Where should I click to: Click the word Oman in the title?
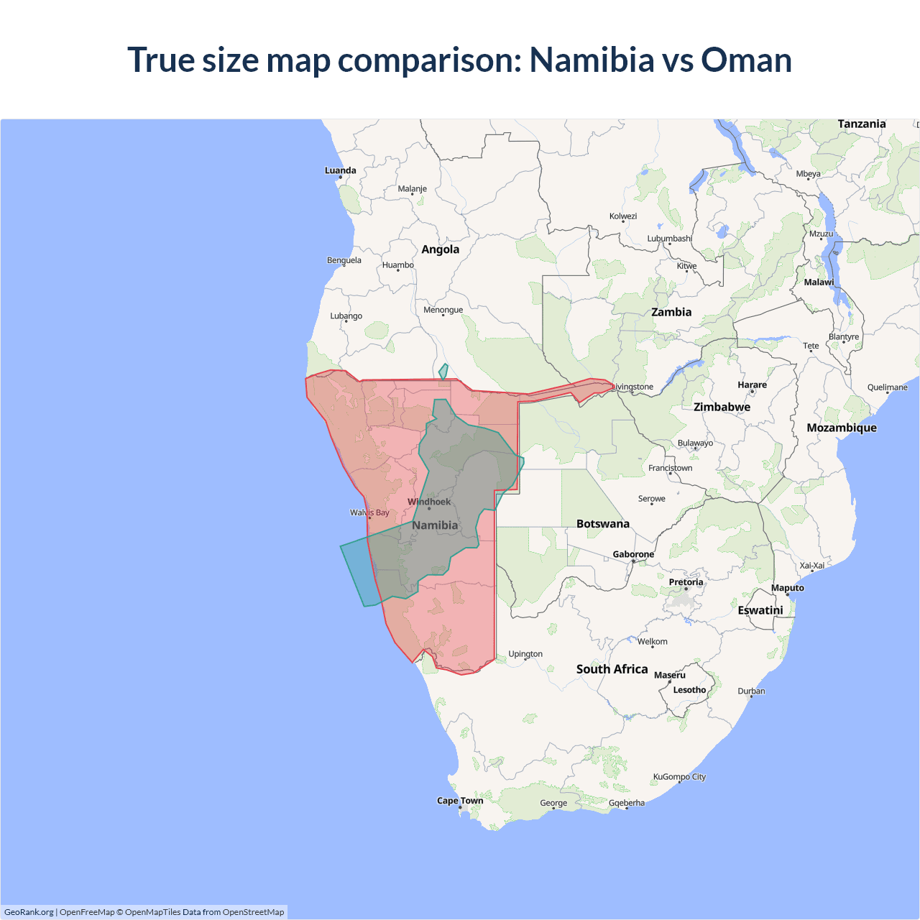pyautogui.click(x=746, y=60)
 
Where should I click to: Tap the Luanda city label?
pyautogui.click(x=340, y=170)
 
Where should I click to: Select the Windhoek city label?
pyautogui.click(x=429, y=502)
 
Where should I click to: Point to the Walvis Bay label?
pyautogui.click(x=369, y=512)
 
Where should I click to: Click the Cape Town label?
pyautogui.click(x=460, y=801)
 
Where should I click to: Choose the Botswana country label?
pyautogui.click(x=602, y=524)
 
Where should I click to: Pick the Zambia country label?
pyautogui.click(x=671, y=312)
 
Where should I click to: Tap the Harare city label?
pyautogui.click(x=752, y=385)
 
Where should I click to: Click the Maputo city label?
pyautogui.click(x=787, y=588)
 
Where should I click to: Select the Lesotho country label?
pyautogui.click(x=689, y=690)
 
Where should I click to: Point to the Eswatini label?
pyautogui.click(x=760, y=610)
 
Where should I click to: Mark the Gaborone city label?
pyautogui.click(x=633, y=554)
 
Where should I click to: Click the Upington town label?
pyautogui.click(x=525, y=654)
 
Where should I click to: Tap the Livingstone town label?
pyautogui.click(x=632, y=387)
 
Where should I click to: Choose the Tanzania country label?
pyautogui.click(x=861, y=124)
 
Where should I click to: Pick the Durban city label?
pyautogui.click(x=751, y=691)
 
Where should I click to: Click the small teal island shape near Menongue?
pyautogui.click(x=443, y=372)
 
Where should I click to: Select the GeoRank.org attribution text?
pyautogui.click(x=29, y=912)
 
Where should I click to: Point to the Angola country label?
pyautogui.click(x=440, y=249)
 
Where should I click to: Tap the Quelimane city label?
pyautogui.click(x=887, y=387)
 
